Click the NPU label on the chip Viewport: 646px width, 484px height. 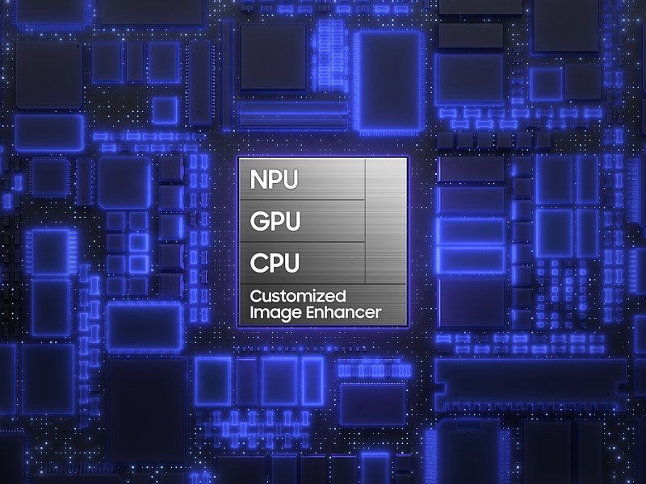coord(275,179)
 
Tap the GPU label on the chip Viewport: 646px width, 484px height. coord(275,221)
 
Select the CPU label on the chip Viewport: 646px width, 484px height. coord(275,263)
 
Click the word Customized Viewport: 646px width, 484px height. coord(298,296)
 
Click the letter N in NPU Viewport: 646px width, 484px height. coord(258,179)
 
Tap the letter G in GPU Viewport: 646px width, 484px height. coord(259,221)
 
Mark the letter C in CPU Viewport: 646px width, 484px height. coord(258,263)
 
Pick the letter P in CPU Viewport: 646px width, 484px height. coord(275,263)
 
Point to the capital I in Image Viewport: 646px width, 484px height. coord(252,313)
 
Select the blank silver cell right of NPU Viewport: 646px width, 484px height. coord(385,178)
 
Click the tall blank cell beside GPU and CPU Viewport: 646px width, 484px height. coord(385,241)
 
